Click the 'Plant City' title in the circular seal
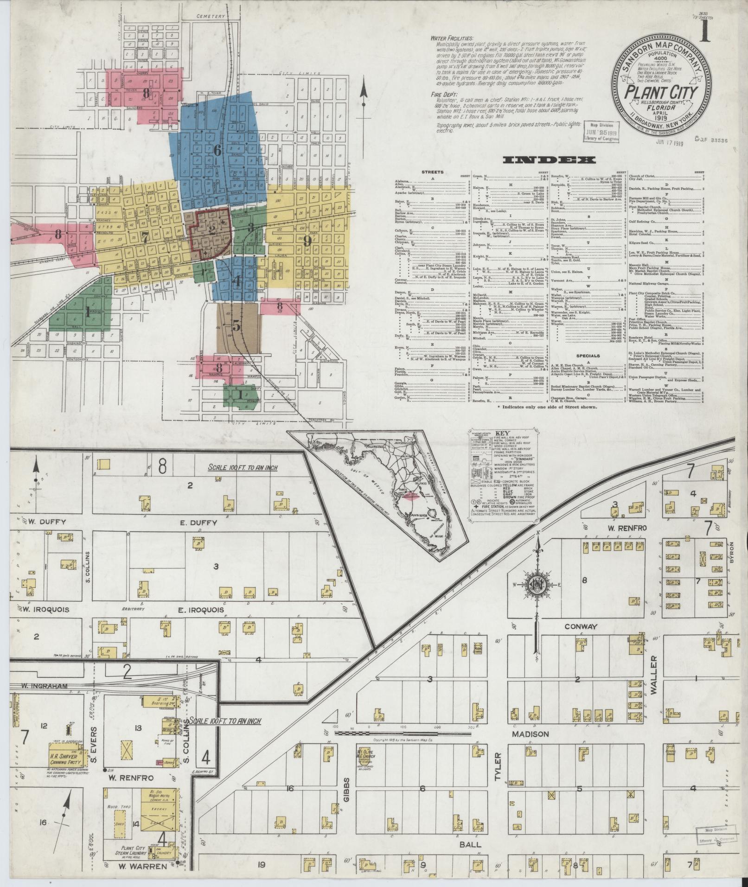coord(661,91)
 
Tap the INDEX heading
coord(549,160)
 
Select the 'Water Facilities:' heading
coord(452,38)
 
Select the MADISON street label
coord(530,734)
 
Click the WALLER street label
coord(654,681)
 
